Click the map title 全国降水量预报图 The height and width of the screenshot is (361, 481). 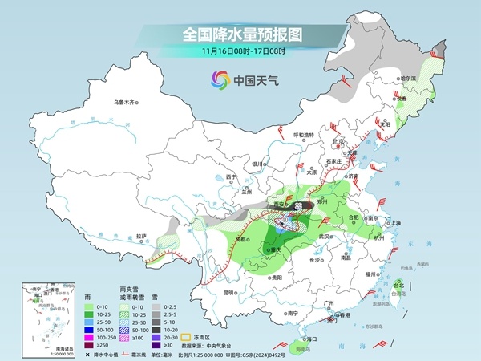240,35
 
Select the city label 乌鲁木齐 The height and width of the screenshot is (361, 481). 126,102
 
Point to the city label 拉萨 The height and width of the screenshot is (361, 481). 142,236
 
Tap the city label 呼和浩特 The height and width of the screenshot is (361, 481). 304,135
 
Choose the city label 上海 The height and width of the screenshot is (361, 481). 395,222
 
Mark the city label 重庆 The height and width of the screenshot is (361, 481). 275,249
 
